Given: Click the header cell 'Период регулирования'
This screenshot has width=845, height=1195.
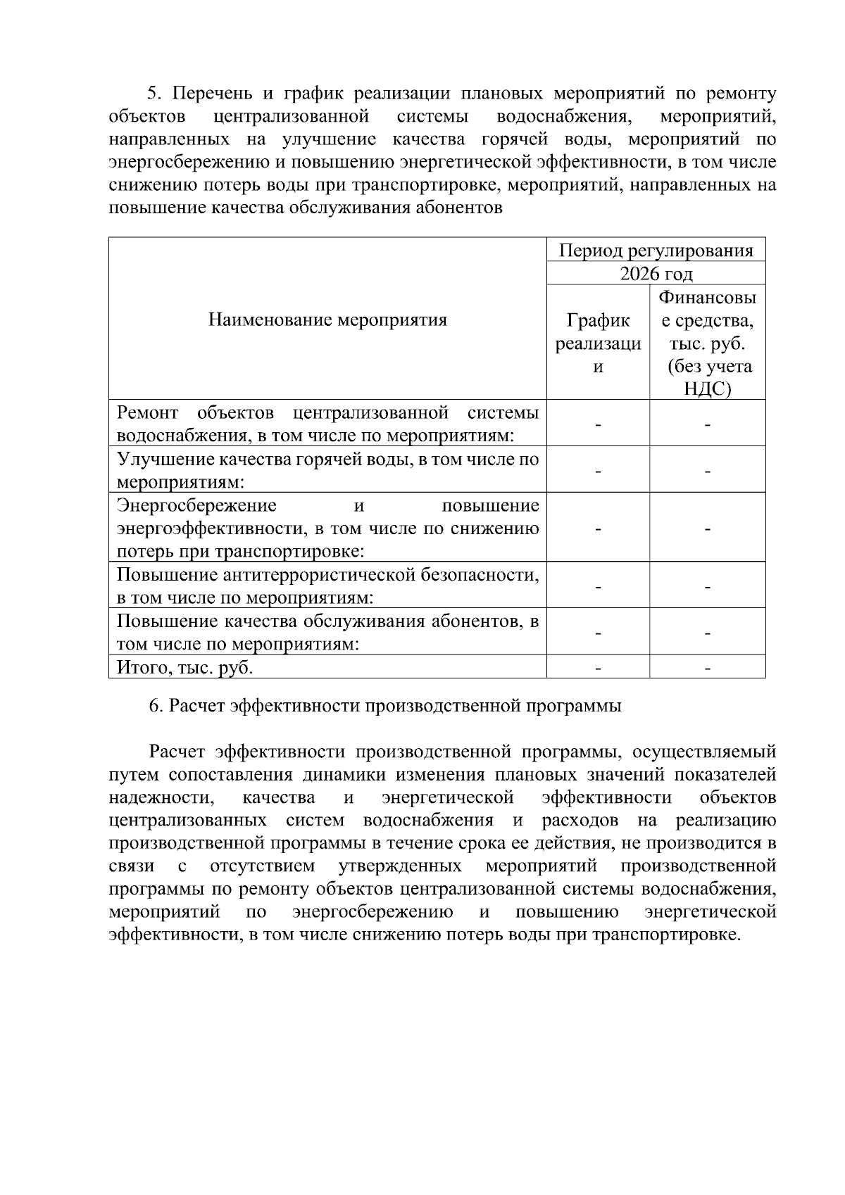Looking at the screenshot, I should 656,250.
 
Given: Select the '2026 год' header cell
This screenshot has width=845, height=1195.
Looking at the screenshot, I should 656,273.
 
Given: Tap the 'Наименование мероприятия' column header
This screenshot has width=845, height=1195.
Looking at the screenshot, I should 327,320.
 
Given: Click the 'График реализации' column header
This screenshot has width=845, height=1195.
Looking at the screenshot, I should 598,343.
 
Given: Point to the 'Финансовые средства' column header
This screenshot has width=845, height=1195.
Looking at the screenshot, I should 707,343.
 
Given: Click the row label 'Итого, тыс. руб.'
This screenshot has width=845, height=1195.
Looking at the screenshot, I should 184,667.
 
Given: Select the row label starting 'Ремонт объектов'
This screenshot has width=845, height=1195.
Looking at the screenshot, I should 327,424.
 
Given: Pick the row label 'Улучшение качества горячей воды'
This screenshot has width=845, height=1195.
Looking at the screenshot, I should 327,470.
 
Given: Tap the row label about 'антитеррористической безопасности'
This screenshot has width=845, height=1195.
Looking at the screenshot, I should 327,586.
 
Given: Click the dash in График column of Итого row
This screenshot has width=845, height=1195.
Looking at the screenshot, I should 598,667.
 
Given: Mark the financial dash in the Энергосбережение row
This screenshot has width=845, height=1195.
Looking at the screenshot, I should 707,529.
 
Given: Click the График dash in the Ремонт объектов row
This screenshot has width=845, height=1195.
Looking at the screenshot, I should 598,424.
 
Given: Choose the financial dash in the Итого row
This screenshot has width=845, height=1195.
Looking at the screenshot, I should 707,667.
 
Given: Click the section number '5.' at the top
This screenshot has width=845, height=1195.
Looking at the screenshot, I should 154,94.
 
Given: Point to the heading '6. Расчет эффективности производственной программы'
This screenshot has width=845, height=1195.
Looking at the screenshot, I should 384,706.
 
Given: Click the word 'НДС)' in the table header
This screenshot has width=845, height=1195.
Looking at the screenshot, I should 707,389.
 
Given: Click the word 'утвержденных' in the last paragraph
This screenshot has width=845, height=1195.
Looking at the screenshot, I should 400,865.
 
